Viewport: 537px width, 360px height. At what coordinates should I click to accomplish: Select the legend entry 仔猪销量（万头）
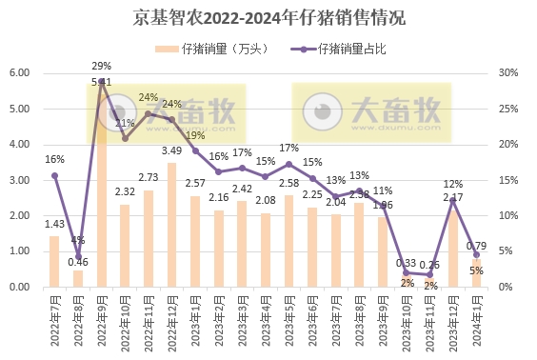[218, 48]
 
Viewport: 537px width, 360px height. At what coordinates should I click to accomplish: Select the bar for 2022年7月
[54, 262]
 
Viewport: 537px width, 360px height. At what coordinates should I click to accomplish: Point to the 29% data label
[101, 66]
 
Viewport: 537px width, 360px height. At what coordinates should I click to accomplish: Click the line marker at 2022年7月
[54, 175]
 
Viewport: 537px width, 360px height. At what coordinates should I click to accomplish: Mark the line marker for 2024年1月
[476, 254]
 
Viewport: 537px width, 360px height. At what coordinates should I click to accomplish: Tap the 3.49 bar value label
[171, 150]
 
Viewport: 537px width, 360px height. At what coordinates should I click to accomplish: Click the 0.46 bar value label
[78, 261]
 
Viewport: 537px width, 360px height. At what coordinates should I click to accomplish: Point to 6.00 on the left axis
[21, 73]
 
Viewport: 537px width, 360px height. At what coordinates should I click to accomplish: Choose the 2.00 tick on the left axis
[21, 216]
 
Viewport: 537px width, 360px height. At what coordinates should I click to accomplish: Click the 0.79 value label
[477, 245]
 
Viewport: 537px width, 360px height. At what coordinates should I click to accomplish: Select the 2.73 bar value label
[149, 177]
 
